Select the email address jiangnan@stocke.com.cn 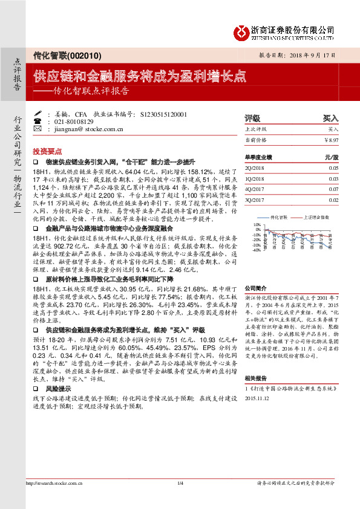pyautogui.click(x=90, y=129)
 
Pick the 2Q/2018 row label pyautogui.click(x=255, y=168)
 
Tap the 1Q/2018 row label pyautogui.click(x=255, y=179)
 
